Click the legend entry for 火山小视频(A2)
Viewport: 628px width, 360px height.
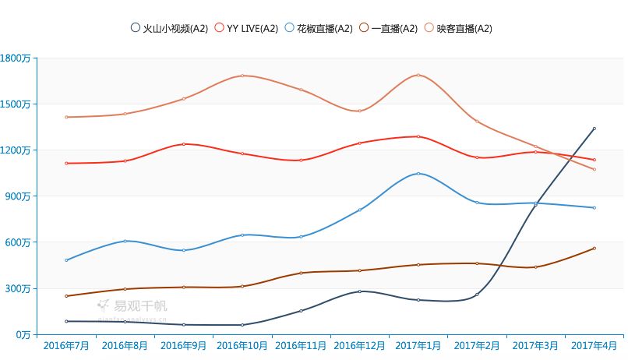(169, 29)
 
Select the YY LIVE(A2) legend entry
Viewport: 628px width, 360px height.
(246, 29)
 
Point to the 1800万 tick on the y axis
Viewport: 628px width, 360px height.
(16, 58)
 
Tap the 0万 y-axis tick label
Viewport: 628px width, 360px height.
(21, 334)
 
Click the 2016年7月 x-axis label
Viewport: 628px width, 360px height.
(66, 344)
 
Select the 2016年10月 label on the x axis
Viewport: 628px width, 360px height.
(242, 344)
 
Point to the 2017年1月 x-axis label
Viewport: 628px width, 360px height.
(418, 344)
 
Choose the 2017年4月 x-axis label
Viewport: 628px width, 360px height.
(594, 344)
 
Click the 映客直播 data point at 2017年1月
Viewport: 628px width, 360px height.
(418, 75)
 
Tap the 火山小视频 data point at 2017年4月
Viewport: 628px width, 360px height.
(594, 129)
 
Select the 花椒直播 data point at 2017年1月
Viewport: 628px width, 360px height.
(418, 173)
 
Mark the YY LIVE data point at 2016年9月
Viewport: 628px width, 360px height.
(183, 144)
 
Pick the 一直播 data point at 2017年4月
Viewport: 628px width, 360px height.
(594, 249)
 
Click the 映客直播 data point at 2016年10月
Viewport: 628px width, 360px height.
(242, 76)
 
